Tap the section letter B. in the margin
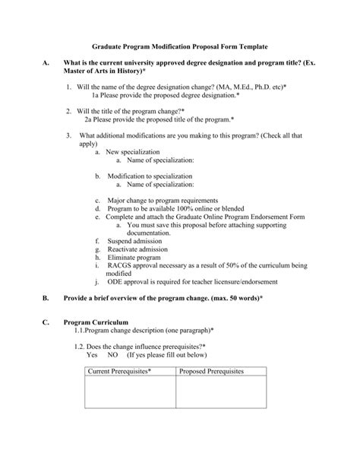pyautogui.click(x=47, y=299)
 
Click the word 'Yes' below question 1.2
pyautogui.click(x=93, y=353)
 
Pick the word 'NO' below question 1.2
pyautogui.click(x=113, y=353)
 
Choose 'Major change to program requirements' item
pyautogui.click(x=167, y=200)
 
